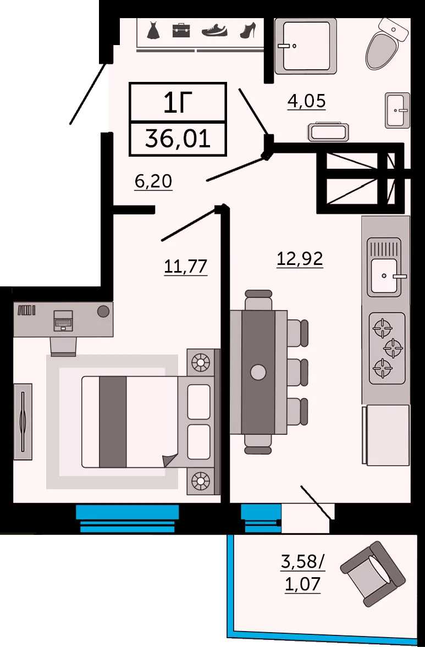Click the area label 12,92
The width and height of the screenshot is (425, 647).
click(300, 259)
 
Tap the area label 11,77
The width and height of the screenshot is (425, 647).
click(186, 266)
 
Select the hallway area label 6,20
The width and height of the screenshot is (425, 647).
click(153, 181)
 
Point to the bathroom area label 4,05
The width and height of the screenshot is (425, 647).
click(307, 101)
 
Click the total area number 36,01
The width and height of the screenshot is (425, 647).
click(178, 139)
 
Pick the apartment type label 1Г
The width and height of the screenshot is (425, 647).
click(178, 103)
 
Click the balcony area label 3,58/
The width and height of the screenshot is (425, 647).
click(303, 562)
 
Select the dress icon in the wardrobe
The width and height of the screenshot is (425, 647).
click(153, 31)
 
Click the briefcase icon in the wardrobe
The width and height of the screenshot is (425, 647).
click(181, 30)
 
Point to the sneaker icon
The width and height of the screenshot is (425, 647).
click(214, 31)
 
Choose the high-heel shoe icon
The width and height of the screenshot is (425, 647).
click(248, 30)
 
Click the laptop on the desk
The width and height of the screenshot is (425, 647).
click(64, 320)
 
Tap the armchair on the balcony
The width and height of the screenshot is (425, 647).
click(372, 573)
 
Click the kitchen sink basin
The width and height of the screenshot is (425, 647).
click(384, 275)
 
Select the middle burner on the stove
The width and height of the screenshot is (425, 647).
click(393, 349)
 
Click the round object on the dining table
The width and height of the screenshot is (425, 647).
click(258, 372)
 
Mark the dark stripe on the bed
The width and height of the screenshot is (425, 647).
click(113, 422)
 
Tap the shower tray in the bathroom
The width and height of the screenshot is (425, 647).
click(306, 46)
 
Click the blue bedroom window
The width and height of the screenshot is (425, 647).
click(127, 518)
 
